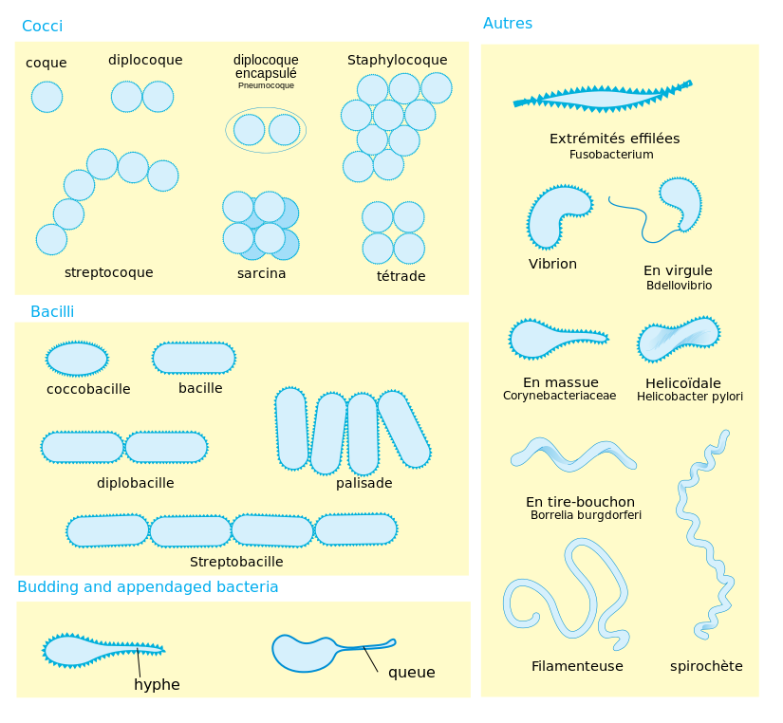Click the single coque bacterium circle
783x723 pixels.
(x=47, y=97)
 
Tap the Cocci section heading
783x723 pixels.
(x=43, y=26)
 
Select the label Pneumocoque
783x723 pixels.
(x=266, y=85)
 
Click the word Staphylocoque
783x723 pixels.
(x=398, y=60)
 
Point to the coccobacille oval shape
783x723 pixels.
(x=77, y=359)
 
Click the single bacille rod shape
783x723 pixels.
(x=194, y=358)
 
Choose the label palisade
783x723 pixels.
(x=364, y=483)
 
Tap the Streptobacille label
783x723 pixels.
(x=236, y=562)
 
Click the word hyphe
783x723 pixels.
(x=157, y=684)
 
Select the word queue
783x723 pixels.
(x=412, y=673)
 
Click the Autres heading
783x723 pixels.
(x=508, y=23)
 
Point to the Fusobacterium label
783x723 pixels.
(x=611, y=155)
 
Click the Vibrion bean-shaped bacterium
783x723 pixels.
(x=557, y=216)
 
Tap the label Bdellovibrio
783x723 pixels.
(x=680, y=285)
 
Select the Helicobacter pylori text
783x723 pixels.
(x=690, y=397)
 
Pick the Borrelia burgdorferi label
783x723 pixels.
(x=586, y=515)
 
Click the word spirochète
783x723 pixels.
(x=706, y=666)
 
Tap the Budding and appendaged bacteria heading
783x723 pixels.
(x=148, y=586)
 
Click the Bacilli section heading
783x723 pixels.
(x=52, y=311)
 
